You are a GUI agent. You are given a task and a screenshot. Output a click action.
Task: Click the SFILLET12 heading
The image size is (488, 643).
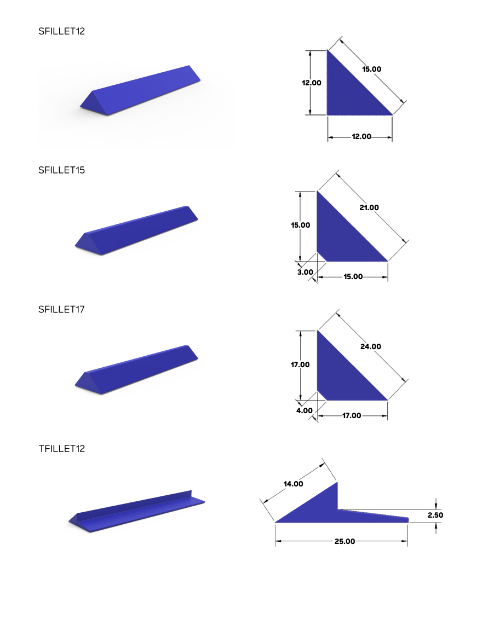tap(61, 31)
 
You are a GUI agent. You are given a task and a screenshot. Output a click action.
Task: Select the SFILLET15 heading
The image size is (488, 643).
tap(61, 170)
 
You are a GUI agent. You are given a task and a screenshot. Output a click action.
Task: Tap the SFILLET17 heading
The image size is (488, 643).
tap(61, 309)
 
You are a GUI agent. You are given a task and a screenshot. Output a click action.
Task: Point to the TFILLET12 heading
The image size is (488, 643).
tap(62, 449)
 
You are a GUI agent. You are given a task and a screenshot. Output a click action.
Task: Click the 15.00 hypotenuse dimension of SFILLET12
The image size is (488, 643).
tap(371, 69)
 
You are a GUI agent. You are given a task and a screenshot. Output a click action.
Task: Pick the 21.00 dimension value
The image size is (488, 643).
tap(369, 207)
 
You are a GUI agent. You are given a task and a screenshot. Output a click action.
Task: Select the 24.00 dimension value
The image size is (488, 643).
tap(370, 346)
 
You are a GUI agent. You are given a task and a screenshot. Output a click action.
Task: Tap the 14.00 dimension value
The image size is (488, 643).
tap(293, 483)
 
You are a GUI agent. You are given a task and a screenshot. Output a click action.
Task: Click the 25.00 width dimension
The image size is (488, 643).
tap(345, 541)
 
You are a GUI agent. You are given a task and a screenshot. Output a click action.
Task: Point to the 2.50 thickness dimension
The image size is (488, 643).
tap(435, 515)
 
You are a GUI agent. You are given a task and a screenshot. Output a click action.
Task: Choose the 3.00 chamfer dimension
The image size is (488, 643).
tap(305, 272)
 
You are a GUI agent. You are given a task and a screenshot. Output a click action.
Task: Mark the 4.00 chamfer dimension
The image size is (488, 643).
tap(305, 410)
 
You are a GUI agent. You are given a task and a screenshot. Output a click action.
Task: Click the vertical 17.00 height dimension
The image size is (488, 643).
tap(300, 364)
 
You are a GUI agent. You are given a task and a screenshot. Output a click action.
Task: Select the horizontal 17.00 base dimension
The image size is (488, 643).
tap(351, 415)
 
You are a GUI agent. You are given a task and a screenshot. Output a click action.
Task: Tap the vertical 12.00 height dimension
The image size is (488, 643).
tap(311, 83)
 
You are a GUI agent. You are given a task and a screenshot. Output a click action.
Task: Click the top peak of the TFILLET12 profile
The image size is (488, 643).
tap(337, 483)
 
